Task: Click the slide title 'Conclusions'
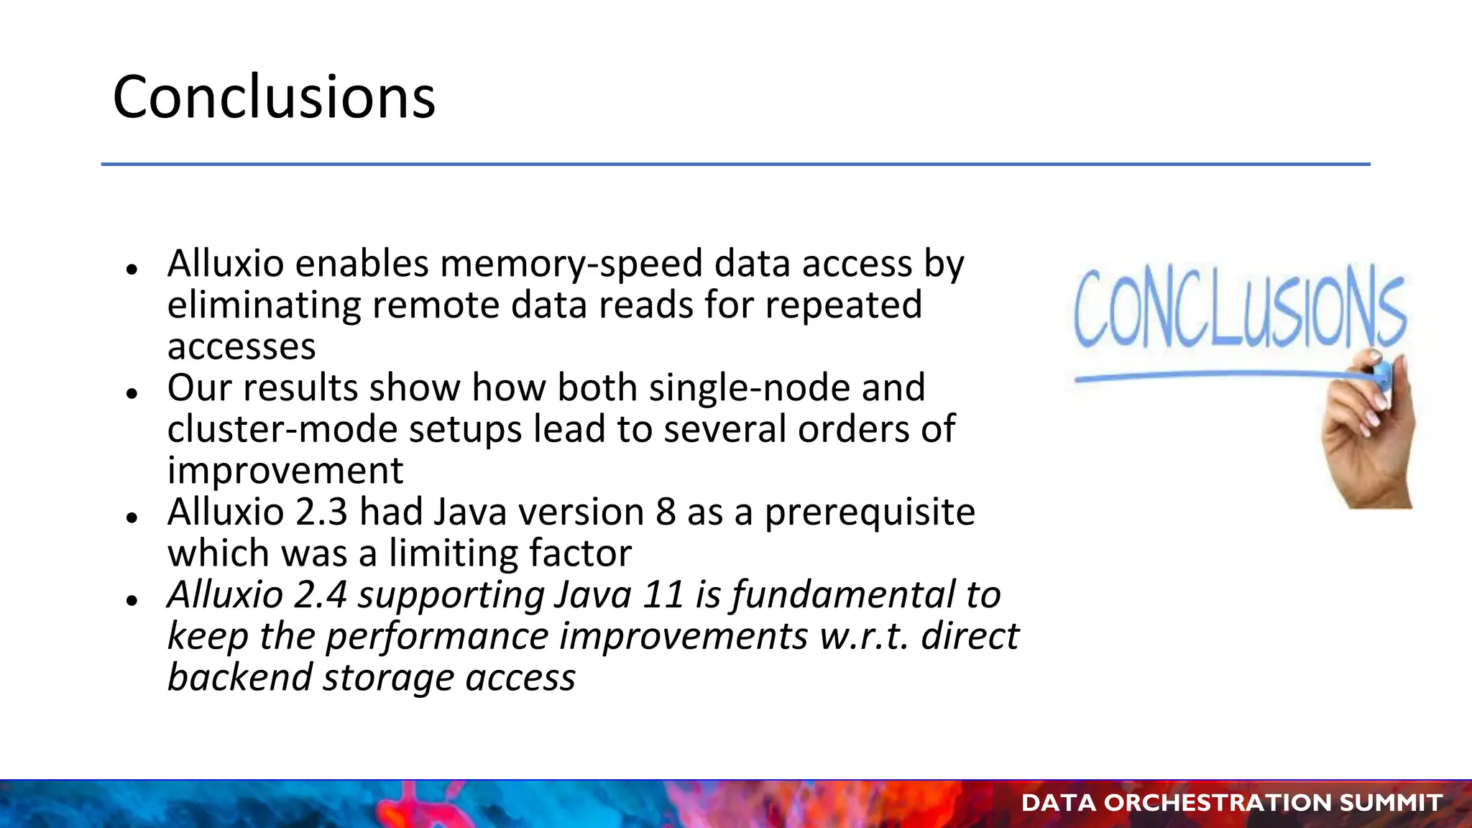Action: [274, 97]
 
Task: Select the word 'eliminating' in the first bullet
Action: [264, 305]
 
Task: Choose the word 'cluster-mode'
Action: [282, 430]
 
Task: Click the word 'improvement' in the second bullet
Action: [285, 471]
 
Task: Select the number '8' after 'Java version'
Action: [666, 512]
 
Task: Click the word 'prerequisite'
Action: [870, 512]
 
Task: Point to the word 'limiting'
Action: [453, 554]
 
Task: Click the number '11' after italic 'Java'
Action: [662, 595]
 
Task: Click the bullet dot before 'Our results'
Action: [131, 393]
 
